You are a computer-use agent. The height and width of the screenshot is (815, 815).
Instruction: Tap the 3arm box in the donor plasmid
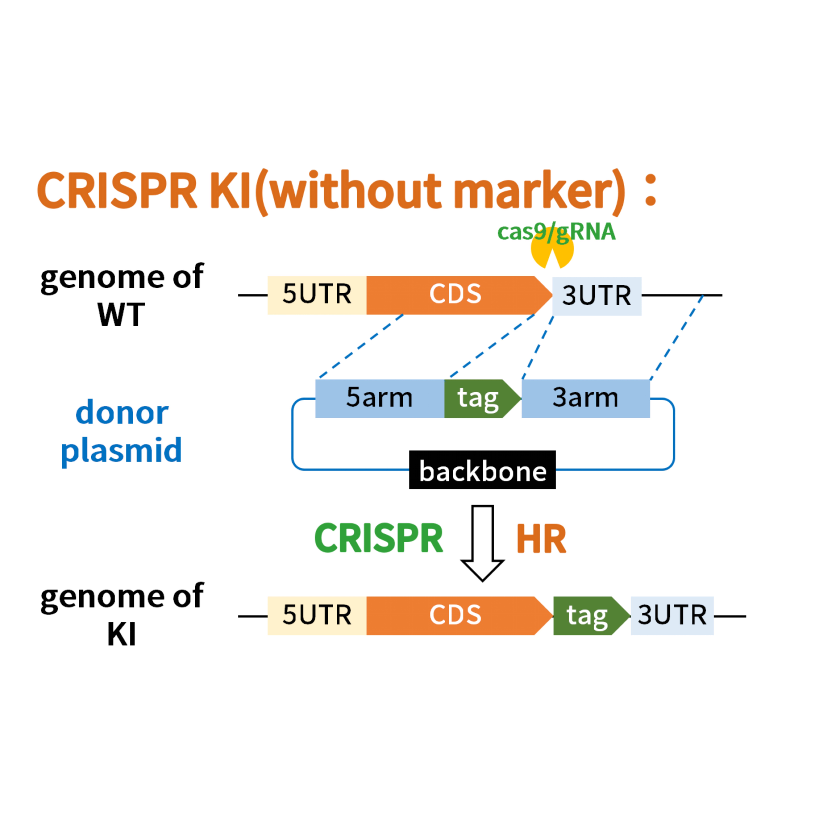coord(586,399)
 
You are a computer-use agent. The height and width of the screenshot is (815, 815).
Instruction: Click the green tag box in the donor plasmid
coord(479,399)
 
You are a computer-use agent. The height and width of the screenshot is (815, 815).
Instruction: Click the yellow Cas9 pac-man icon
coord(542,253)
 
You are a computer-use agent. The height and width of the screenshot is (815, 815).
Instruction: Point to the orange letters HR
coord(541,539)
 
